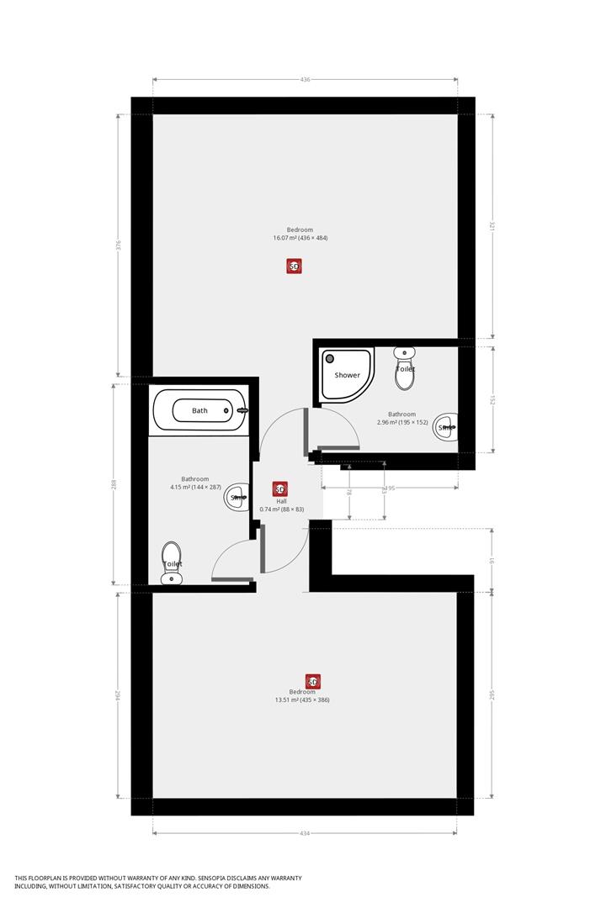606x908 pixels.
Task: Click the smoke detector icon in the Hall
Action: pyautogui.click(x=280, y=488)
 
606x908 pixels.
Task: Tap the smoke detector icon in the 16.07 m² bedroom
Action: pyautogui.click(x=294, y=267)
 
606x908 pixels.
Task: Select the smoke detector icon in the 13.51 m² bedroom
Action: pyautogui.click(x=313, y=681)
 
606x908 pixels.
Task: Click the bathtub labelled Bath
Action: pyautogui.click(x=200, y=410)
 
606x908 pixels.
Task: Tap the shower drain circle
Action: pyautogui.click(x=330, y=359)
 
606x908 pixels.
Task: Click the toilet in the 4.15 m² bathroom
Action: pyautogui.click(x=173, y=562)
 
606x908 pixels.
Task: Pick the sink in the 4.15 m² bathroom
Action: pyautogui.click(x=239, y=497)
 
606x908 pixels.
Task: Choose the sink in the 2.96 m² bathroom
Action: pyautogui.click(x=445, y=427)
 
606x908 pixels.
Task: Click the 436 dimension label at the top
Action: pyautogui.click(x=305, y=79)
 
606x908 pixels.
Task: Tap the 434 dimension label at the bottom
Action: pyautogui.click(x=305, y=833)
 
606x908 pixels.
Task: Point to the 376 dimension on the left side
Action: pyautogui.click(x=119, y=245)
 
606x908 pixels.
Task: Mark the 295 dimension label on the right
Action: pyautogui.click(x=492, y=694)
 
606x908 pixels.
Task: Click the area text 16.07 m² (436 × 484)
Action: pyautogui.click(x=300, y=238)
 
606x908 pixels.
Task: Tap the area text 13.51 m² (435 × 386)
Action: pyautogui.click(x=301, y=699)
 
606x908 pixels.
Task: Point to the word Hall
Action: pyautogui.click(x=282, y=501)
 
